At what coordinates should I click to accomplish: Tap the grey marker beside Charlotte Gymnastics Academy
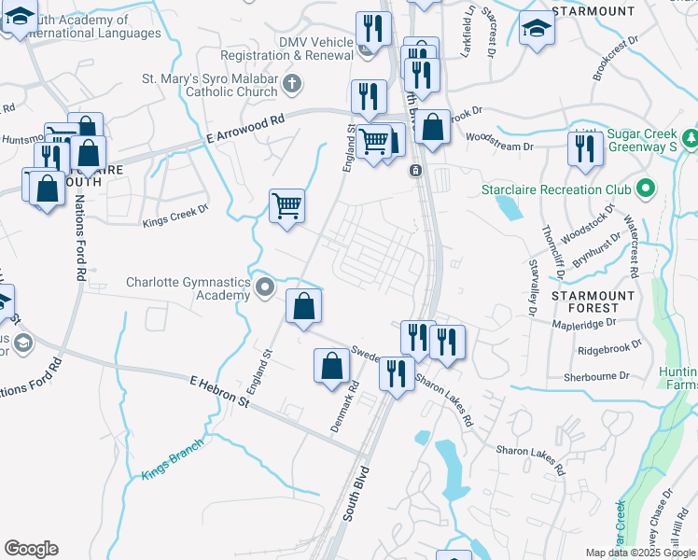point(265,287)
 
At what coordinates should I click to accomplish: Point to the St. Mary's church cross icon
point(292,85)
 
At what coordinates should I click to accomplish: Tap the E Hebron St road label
point(220,391)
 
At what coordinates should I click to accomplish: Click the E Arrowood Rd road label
point(244,133)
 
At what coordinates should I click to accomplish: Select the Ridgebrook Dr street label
point(610,348)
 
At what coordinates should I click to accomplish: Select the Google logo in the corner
point(31,549)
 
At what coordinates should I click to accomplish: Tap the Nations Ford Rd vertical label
point(76,250)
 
